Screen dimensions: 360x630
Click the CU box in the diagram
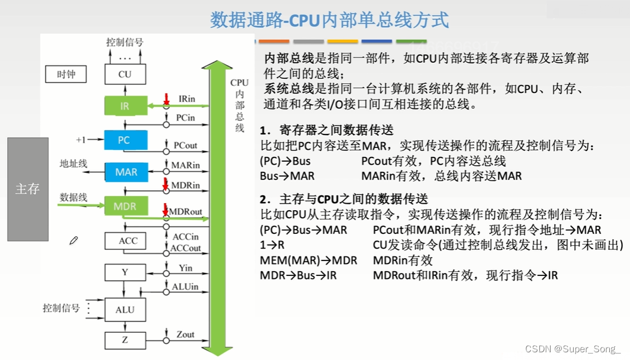pos(124,75)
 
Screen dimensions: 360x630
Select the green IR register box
pos(124,106)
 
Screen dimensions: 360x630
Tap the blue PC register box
pos(124,140)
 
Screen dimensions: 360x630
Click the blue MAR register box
pos(126,172)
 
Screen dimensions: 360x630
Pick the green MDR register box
pos(124,207)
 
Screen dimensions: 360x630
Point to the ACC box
pos(128,241)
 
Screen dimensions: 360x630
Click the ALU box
pos(125,309)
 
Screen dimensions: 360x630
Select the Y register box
pos(124,272)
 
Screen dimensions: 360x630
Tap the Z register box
pos(124,340)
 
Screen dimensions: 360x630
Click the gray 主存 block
pos(27,189)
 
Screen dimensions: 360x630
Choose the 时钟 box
pos(66,75)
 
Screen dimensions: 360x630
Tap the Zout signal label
pos(185,335)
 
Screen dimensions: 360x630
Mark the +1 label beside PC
pos(81,140)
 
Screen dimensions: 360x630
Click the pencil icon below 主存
pos(73,240)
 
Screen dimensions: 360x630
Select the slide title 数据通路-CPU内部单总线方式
pos(330,20)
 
